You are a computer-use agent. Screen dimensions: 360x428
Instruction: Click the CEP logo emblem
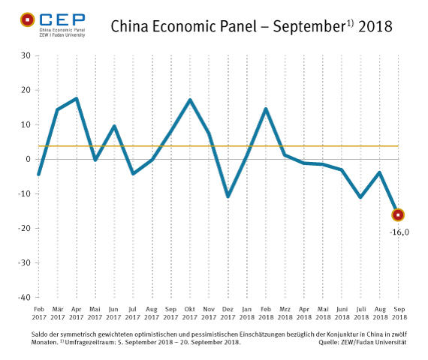28,20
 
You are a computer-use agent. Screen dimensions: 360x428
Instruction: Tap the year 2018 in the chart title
375,27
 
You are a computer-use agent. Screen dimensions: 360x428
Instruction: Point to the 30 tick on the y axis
25,55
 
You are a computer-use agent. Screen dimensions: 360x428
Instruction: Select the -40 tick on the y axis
23,298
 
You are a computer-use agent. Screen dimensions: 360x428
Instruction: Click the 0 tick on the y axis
27,159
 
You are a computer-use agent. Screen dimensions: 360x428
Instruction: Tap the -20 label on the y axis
23,229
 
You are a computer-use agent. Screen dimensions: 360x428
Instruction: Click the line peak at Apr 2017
77,99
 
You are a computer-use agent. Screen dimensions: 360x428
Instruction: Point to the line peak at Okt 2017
190,100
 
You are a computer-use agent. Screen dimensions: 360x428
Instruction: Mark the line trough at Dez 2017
228,196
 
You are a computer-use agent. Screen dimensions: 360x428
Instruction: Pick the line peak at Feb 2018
266,109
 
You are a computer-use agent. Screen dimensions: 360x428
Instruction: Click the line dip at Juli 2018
360,197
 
